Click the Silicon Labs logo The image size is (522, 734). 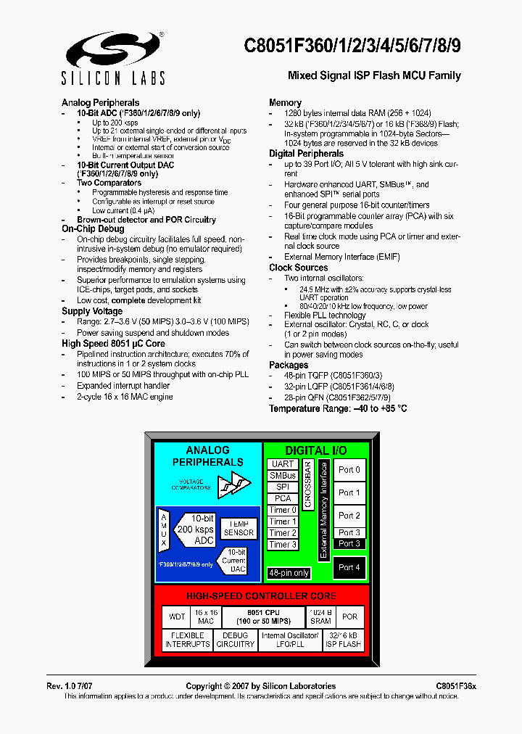tap(115, 57)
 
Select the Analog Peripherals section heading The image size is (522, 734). tap(100, 102)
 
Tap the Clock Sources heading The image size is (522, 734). tap(298, 268)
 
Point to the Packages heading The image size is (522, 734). tap(289, 365)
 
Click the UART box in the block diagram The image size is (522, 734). tap(283, 464)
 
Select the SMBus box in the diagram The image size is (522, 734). tap(283, 476)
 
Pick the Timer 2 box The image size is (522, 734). tap(283, 532)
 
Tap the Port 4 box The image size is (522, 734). tap(349, 567)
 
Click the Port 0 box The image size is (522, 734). tap(349, 469)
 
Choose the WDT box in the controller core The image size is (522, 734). tap(177, 617)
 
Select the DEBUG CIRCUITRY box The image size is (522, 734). tap(236, 640)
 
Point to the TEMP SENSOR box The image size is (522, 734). tap(239, 528)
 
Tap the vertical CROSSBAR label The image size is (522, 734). tap(307, 483)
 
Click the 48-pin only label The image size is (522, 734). tap(289, 573)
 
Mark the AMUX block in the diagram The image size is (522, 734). tap(165, 529)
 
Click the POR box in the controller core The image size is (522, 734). tap(350, 617)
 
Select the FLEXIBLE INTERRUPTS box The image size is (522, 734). tap(188, 640)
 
